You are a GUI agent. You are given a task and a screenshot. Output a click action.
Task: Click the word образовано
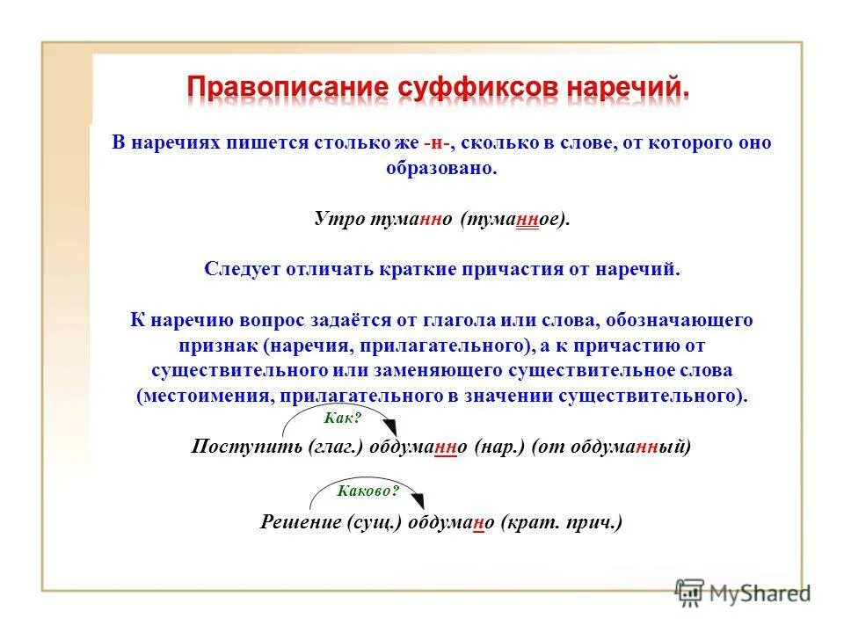pos(441,167)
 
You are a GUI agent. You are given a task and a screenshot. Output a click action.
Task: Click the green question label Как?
pos(344,419)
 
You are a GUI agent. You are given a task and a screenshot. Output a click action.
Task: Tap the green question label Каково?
pos(368,491)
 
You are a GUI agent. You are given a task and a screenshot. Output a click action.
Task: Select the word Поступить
pos(246,447)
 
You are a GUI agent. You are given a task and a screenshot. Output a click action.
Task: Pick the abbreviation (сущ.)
pos(375,521)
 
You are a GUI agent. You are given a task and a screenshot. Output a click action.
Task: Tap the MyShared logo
pos(743,593)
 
